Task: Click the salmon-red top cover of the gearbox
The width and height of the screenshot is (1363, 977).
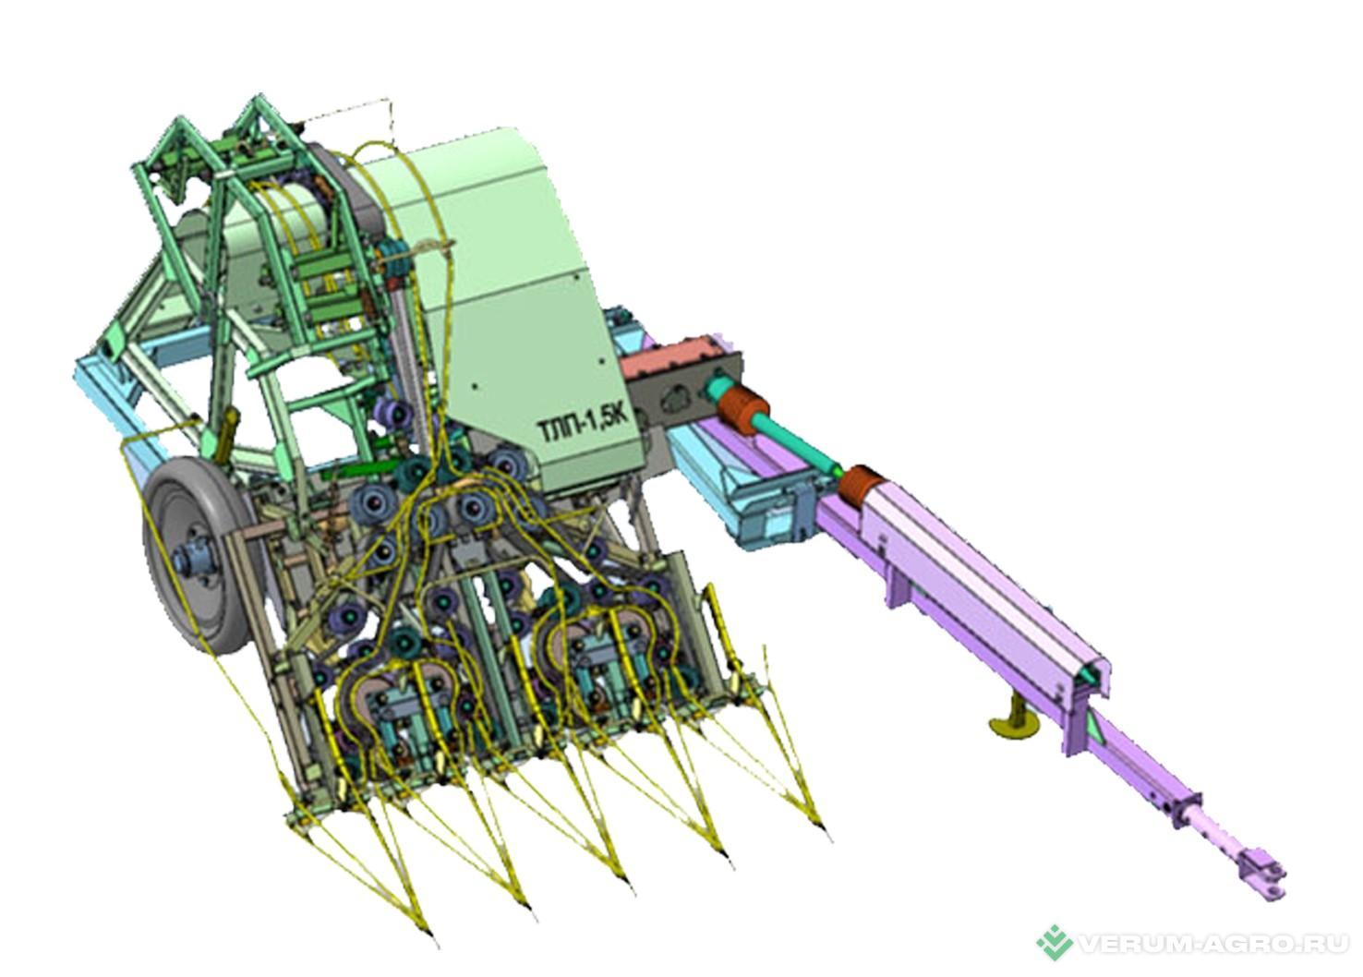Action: [679, 352]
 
